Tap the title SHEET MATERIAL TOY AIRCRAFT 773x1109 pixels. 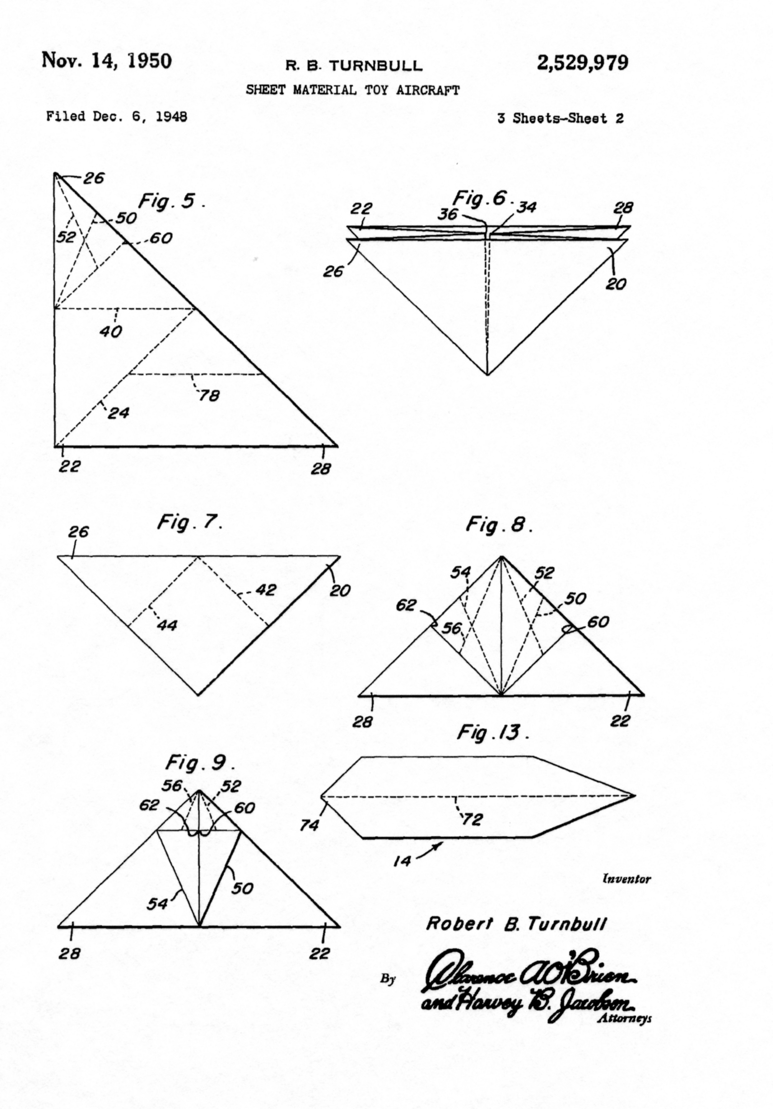tap(353, 90)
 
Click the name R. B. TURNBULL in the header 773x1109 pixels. tap(354, 65)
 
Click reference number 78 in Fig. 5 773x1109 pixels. tap(209, 395)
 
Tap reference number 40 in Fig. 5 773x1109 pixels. tap(111, 332)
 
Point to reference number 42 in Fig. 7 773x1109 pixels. tap(266, 590)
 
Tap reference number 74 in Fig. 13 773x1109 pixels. tap(309, 826)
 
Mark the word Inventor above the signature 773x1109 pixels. tap(626, 879)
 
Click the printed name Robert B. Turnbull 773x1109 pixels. tap(515, 924)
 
